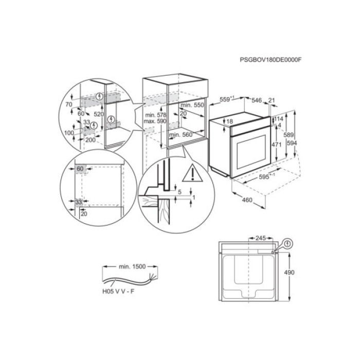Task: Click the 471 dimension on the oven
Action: coord(276,145)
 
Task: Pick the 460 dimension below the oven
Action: coord(247,200)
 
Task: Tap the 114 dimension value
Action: coord(279,119)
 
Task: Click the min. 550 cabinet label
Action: coord(192,104)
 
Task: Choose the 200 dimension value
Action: coord(91,140)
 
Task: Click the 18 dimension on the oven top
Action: coord(229,121)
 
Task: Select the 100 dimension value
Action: coord(68,133)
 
